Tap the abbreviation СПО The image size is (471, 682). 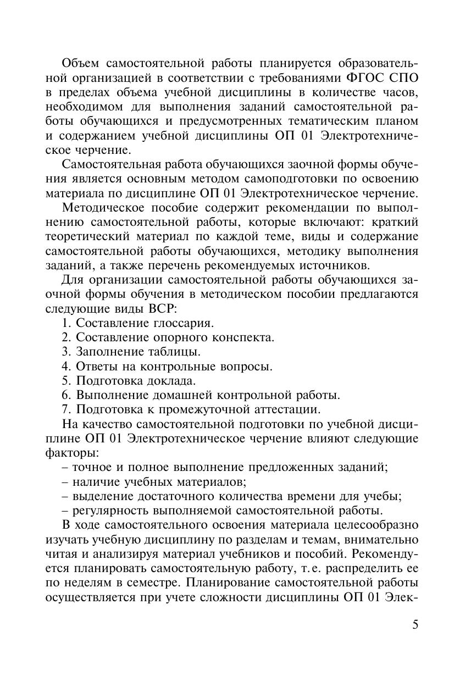pyautogui.click(x=402, y=76)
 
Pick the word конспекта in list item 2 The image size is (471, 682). pyautogui.click(x=243, y=337)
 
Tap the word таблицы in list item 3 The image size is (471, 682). pyautogui.click(x=175, y=351)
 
